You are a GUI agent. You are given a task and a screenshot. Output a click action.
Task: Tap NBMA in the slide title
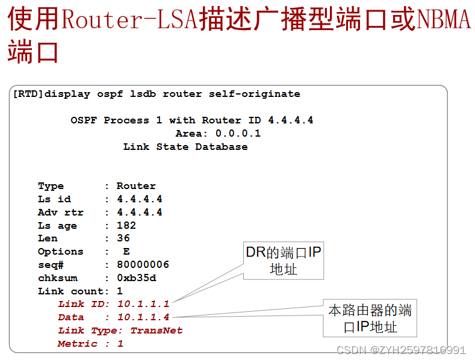[443, 20]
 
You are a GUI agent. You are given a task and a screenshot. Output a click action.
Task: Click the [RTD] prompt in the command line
[28, 94]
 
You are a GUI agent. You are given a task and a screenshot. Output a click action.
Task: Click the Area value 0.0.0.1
[238, 134]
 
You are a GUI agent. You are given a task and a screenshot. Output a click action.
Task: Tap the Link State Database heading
[185, 147]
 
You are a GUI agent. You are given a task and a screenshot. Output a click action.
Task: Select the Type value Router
[136, 186]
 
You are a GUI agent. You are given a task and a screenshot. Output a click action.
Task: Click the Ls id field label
[54, 199]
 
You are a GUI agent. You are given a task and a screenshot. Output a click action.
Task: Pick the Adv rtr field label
[61, 213]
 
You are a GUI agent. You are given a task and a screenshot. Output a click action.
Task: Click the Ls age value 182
[126, 226]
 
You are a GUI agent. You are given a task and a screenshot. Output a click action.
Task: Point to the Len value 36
[123, 238]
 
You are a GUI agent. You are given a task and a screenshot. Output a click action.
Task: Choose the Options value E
[126, 252]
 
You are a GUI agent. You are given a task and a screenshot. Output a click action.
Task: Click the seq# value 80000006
[143, 265]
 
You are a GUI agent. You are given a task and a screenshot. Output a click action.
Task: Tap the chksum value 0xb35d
[136, 278]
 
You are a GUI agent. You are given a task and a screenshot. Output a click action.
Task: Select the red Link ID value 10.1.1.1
[143, 304]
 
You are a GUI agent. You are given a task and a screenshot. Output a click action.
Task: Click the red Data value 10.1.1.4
[143, 317]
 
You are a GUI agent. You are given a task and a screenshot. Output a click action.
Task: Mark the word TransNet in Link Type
[157, 331]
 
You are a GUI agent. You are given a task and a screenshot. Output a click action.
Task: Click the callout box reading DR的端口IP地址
[283, 261]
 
